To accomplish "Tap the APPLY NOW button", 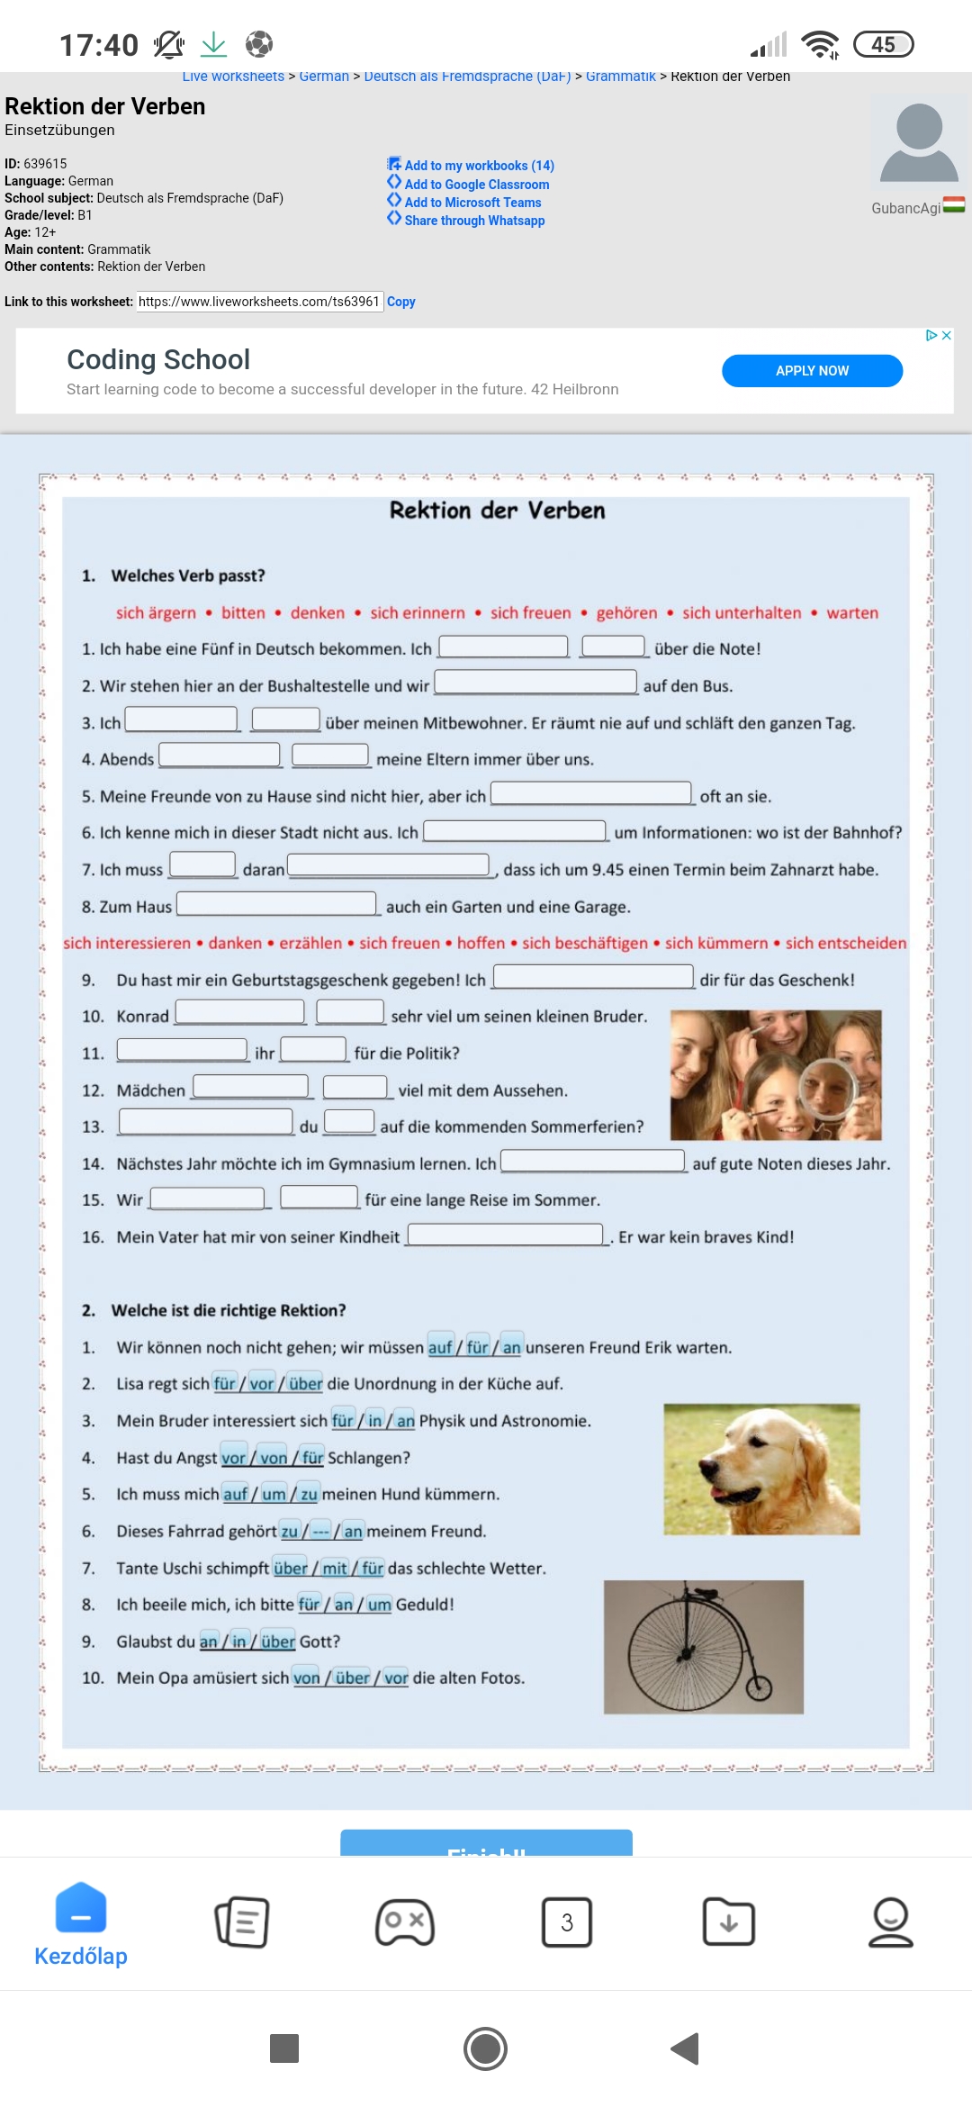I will coord(812,371).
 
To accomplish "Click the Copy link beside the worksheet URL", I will coord(401,302).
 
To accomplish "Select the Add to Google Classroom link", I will coord(476,185).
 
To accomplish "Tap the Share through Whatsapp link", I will coord(473,221).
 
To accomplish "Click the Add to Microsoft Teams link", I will coord(472,203).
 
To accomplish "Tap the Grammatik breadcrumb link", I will coord(620,77).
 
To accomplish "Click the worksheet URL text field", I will coord(259,302).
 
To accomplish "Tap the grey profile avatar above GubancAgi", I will coord(918,144).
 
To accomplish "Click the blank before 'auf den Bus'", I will coord(535,683).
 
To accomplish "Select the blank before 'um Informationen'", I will coord(515,830).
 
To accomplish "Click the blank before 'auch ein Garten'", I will coord(276,903).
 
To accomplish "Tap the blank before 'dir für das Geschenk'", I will coord(593,977).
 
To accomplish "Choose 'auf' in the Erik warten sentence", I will coord(440,1347).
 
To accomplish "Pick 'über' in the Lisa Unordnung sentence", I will coord(306,1384).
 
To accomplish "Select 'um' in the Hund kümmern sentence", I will coord(274,1494).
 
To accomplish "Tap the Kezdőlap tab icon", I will coord(81,1909).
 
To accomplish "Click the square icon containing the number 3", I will coord(567,1922).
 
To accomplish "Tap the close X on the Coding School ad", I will coord(946,335).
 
